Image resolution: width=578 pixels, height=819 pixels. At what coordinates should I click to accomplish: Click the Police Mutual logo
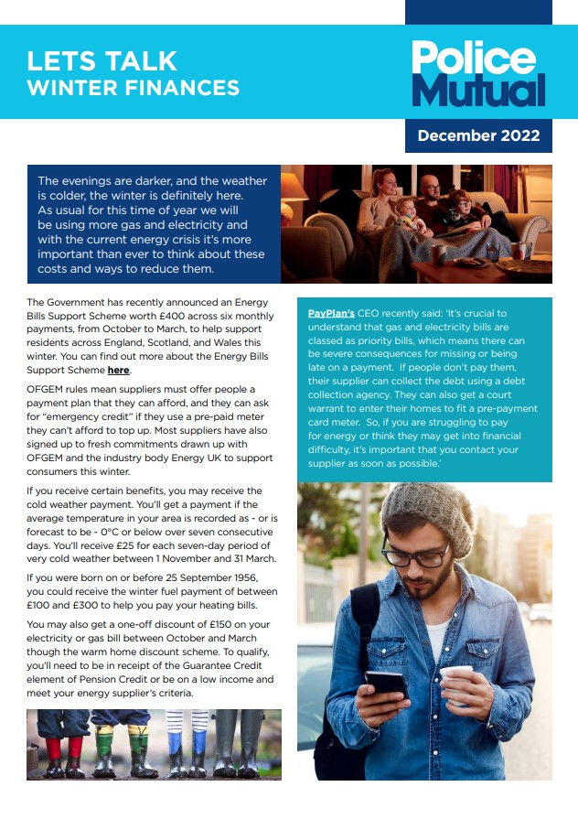477,74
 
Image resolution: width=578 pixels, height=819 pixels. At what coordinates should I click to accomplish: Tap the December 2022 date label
478,136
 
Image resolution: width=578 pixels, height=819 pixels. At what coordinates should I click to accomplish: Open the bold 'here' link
119,370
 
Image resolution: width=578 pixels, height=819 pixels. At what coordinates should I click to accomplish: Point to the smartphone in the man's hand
385,683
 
